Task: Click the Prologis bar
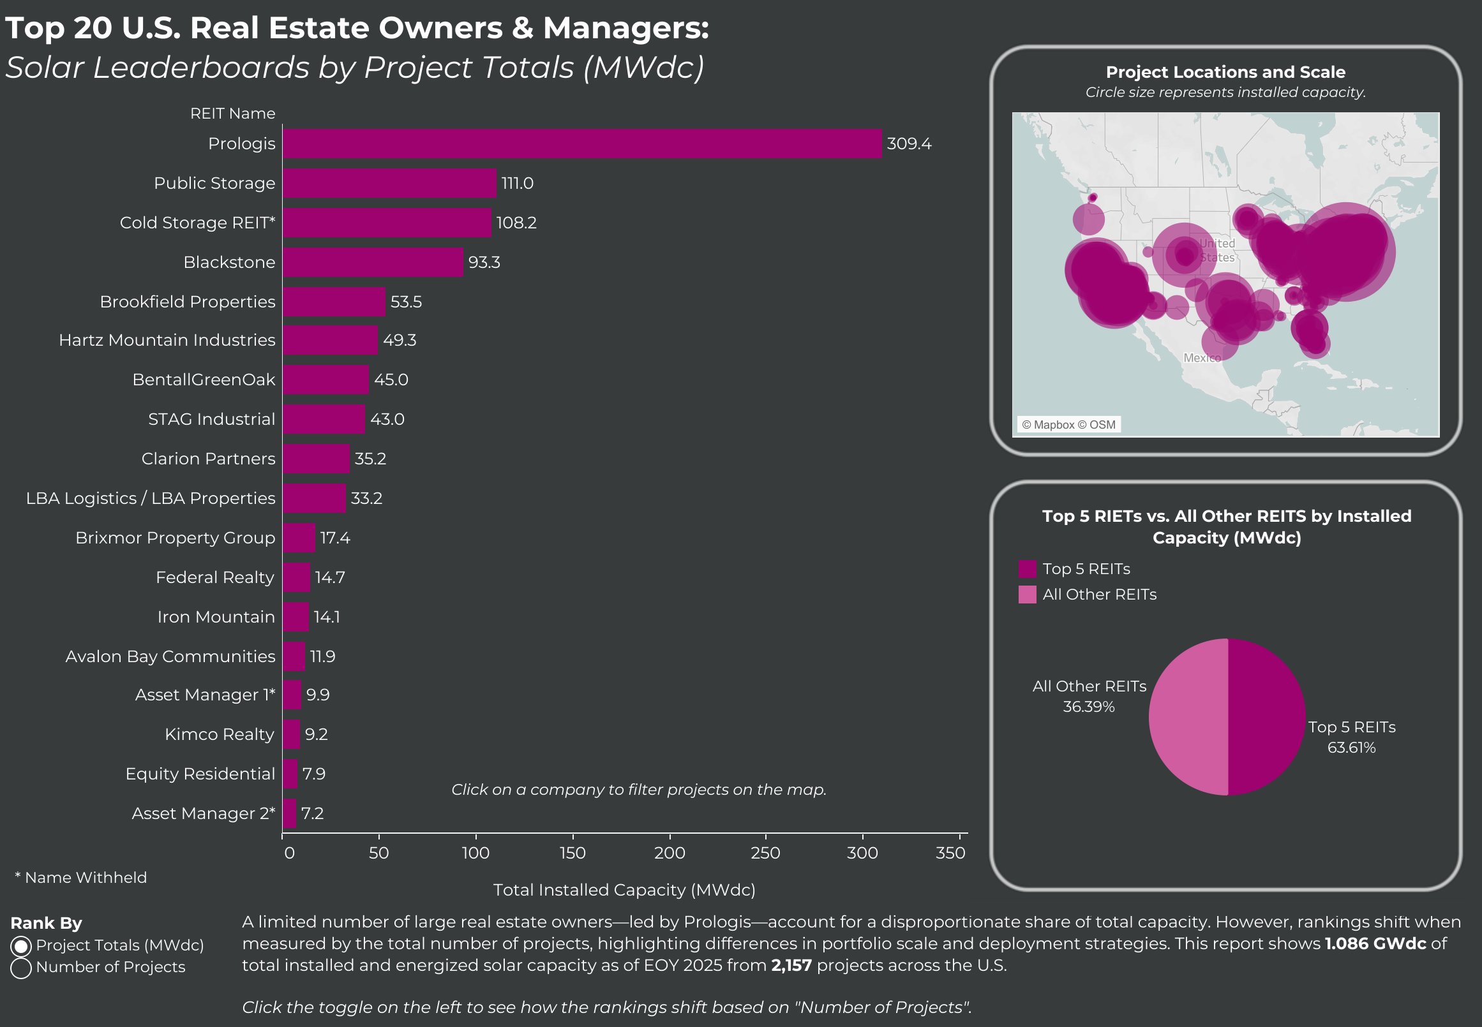(x=582, y=144)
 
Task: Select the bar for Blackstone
(x=373, y=262)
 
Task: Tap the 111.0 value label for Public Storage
(x=518, y=184)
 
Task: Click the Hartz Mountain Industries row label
(x=167, y=340)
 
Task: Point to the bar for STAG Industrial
(x=324, y=419)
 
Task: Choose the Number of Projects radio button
(x=20, y=968)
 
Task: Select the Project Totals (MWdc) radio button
(x=20, y=946)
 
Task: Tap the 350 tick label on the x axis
(x=950, y=853)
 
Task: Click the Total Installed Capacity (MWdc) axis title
(x=624, y=890)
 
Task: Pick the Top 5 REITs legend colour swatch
(x=1028, y=569)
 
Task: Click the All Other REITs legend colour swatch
(x=1028, y=595)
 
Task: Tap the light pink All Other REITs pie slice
(x=1188, y=717)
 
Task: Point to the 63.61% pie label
(x=1351, y=748)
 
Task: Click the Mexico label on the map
(x=1202, y=358)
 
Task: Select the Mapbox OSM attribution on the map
(x=1068, y=425)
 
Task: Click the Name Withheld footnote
(x=81, y=878)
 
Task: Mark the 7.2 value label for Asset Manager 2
(x=312, y=813)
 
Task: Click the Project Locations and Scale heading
(x=1226, y=72)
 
